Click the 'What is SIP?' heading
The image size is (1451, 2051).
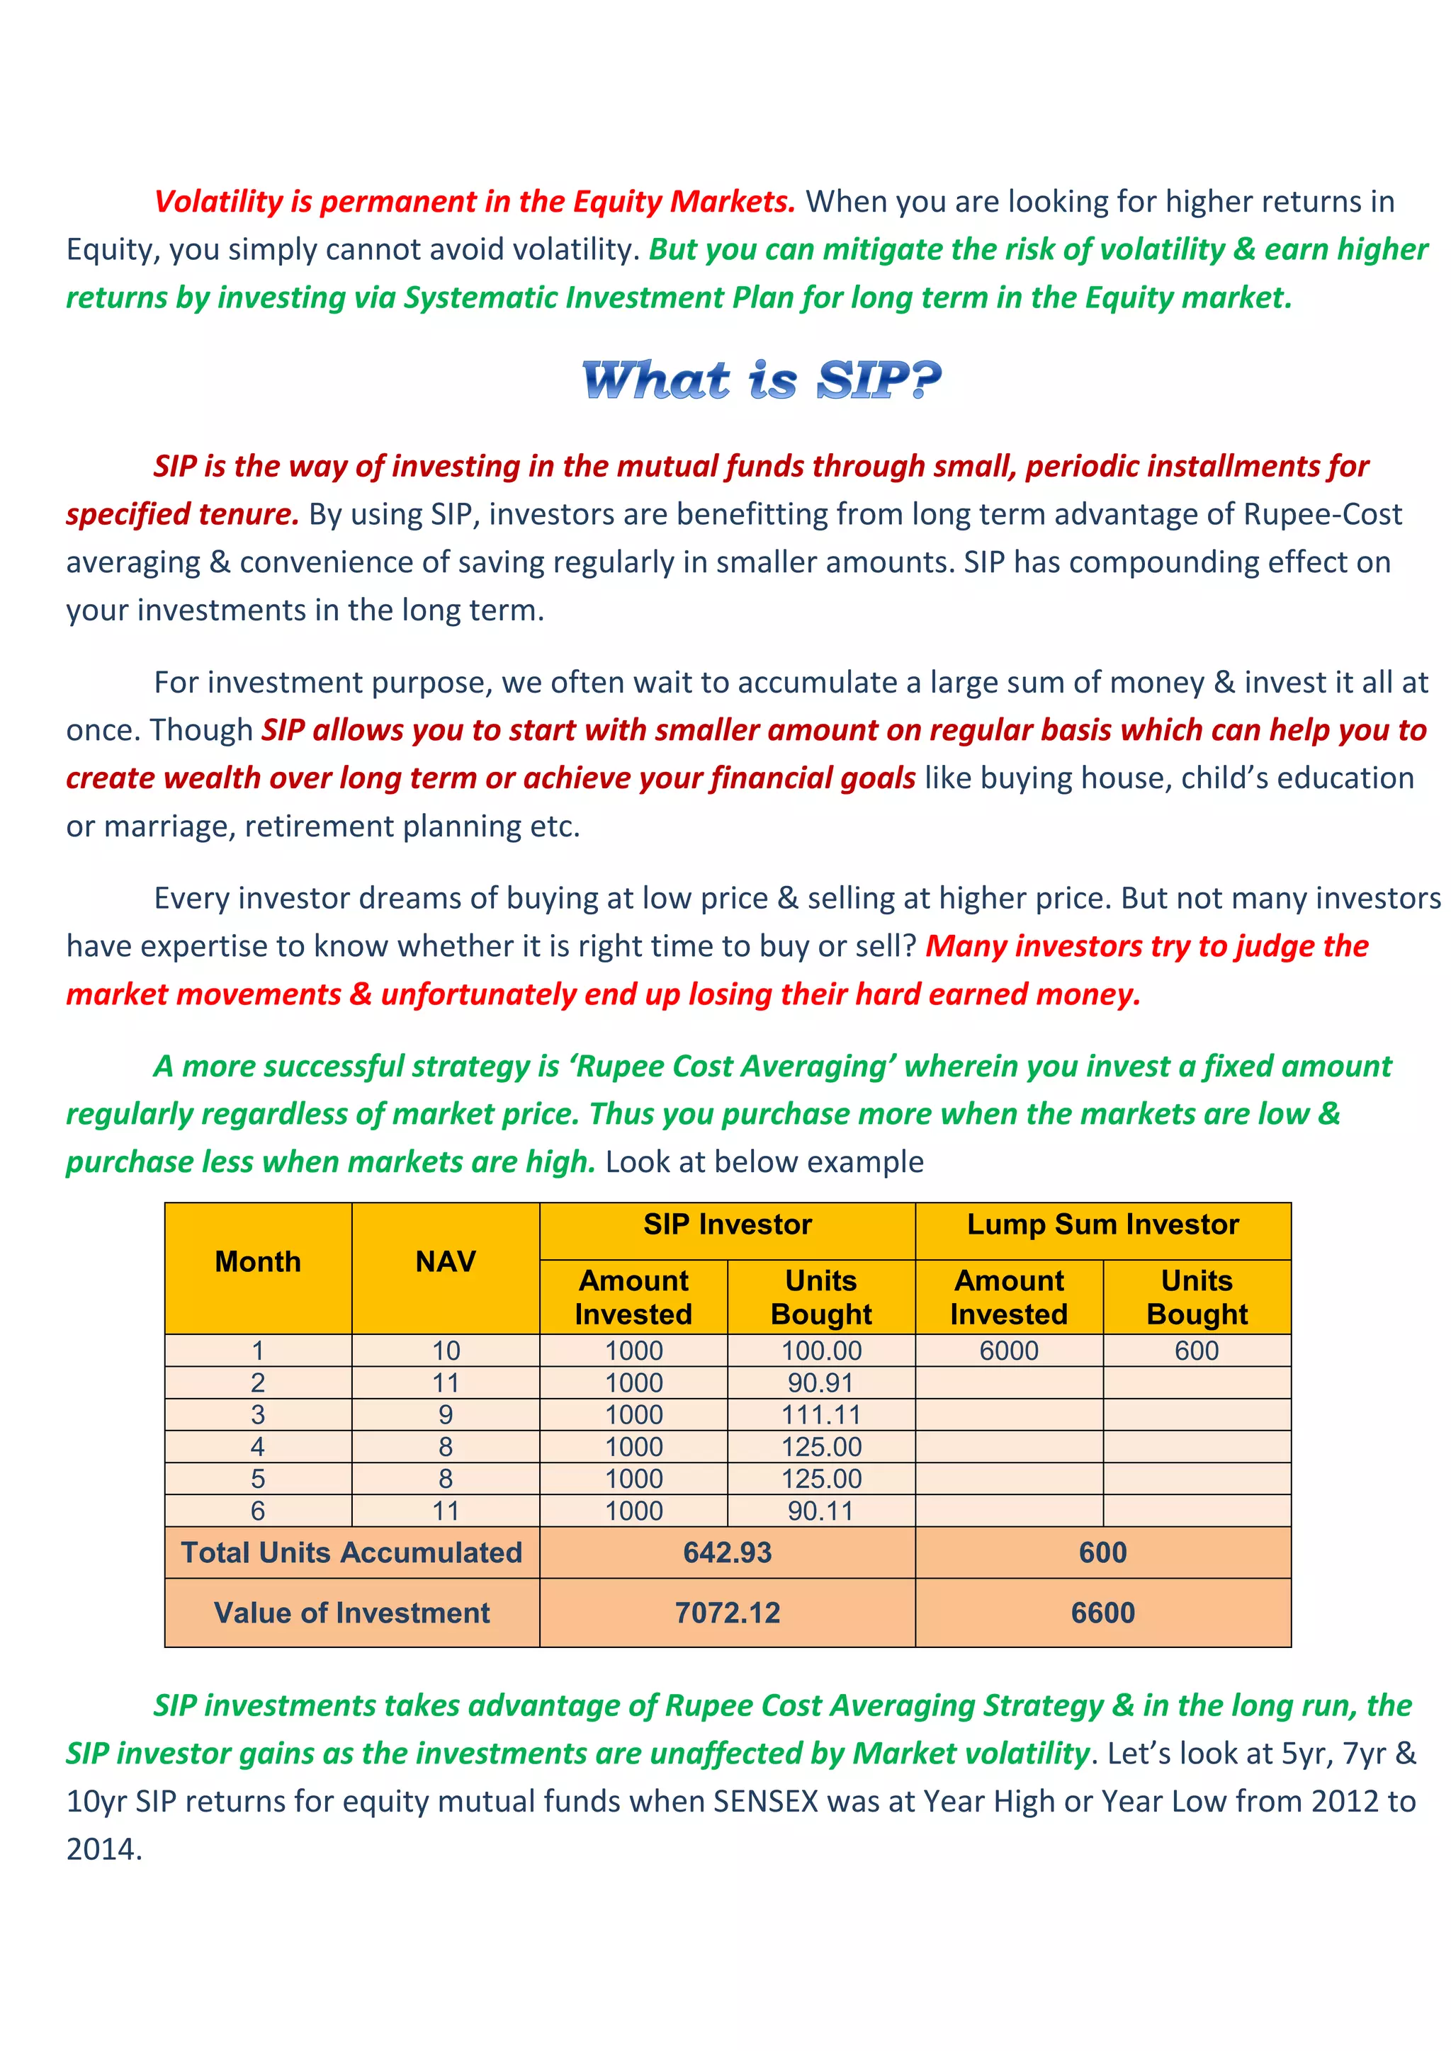click(761, 380)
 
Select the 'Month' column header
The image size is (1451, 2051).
click(258, 1261)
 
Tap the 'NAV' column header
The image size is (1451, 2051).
click(445, 1261)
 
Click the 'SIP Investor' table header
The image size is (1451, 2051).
click(728, 1224)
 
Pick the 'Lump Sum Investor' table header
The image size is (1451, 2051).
click(1102, 1224)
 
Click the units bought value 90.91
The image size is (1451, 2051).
click(821, 1383)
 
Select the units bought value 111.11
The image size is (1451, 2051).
click(821, 1415)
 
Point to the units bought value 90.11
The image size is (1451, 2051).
click(821, 1511)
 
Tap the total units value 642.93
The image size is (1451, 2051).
click(728, 1552)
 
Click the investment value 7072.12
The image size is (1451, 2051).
click(728, 1613)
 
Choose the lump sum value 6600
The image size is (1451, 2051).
click(1102, 1613)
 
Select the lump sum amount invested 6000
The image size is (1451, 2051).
click(1009, 1351)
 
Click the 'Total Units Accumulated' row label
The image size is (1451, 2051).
click(352, 1552)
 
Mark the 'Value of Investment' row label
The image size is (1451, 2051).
click(352, 1613)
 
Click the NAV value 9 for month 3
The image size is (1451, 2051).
click(445, 1415)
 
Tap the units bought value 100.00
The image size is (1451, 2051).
click(821, 1351)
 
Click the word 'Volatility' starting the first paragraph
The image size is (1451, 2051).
click(218, 202)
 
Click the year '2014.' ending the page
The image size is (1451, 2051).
click(105, 1849)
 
